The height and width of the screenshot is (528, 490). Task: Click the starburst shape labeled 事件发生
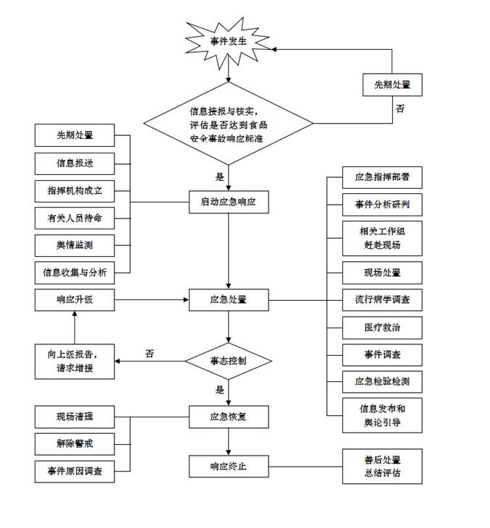(229, 42)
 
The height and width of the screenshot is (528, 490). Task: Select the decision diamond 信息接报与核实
(229, 124)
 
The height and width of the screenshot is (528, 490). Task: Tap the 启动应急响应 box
(229, 202)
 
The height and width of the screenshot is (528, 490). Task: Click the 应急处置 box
(229, 299)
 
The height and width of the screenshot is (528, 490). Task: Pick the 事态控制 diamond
(229, 359)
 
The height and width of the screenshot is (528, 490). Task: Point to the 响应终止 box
(229, 466)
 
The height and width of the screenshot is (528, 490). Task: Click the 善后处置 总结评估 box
(382, 467)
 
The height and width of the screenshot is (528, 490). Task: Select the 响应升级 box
(75, 299)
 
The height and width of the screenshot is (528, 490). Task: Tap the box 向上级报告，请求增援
(75, 360)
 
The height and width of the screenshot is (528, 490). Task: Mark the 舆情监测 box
(75, 245)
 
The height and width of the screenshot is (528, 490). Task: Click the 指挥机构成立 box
(75, 190)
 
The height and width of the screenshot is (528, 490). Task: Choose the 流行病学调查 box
(382, 299)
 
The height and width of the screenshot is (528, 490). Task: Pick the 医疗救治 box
(382, 327)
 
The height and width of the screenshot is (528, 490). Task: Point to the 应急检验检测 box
(382, 381)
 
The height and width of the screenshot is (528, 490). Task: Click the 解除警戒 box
(75, 443)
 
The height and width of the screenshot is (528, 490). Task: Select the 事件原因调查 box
(75, 471)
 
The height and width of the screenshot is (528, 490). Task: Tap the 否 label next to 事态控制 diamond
(150, 354)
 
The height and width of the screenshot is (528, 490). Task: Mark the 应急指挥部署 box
(382, 176)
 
